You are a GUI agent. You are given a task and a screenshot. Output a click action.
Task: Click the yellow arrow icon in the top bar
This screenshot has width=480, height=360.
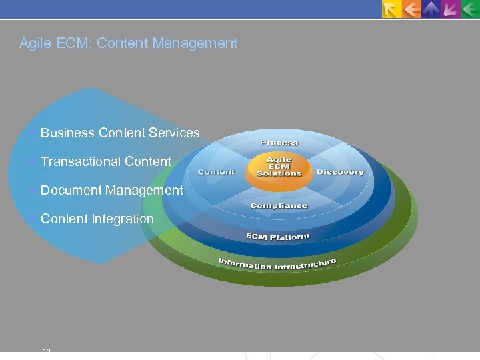[x=391, y=9]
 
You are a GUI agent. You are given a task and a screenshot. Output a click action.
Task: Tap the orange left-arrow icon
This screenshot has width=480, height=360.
[x=412, y=9]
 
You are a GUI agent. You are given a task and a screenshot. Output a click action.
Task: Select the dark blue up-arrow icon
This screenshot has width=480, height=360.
[x=431, y=9]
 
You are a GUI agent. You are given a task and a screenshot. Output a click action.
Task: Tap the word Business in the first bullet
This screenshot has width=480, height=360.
[x=67, y=133]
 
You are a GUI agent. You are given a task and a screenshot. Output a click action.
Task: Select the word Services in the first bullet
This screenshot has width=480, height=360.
[x=174, y=133]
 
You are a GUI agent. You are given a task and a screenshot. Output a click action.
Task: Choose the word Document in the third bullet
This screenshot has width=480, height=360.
[x=71, y=190]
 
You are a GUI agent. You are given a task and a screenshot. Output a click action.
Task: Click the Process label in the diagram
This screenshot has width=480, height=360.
[x=279, y=143]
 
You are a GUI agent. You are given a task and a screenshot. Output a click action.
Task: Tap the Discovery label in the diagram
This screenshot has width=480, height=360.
[x=340, y=172]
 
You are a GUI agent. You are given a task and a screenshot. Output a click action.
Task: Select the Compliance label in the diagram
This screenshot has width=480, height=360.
[x=279, y=205]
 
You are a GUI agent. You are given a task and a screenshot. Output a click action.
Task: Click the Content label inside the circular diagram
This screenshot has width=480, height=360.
[x=216, y=172]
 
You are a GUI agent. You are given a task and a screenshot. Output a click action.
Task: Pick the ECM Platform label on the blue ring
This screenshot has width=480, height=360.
[x=277, y=237]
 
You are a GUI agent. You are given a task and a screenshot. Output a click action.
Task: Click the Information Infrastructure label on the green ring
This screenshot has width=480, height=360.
[x=277, y=263]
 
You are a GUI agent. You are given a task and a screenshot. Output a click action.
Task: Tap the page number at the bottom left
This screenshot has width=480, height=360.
[x=47, y=350]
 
